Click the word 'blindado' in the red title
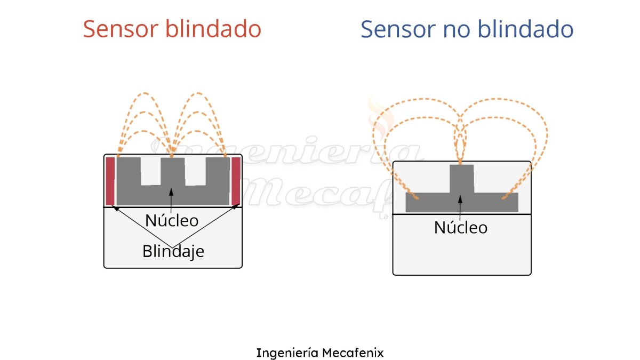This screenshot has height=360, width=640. [213, 29]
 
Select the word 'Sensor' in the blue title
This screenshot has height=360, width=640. [398, 29]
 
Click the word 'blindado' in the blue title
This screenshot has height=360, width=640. [525, 29]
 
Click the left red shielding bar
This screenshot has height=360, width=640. [110, 181]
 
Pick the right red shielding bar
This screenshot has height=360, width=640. [236, 181]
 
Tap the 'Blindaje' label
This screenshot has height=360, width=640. [173, 251]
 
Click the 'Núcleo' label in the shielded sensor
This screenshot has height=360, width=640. [172, 220]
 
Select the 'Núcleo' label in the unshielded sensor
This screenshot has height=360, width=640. [461, 228]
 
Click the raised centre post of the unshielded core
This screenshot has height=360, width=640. [462, 178]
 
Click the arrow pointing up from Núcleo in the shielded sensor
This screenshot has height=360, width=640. [171, 200]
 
